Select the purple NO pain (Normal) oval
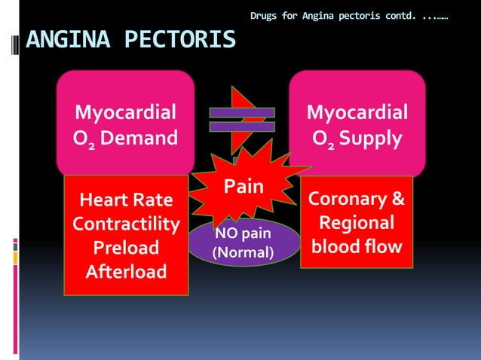(x=243, y=243)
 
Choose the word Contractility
(x=126, y=224)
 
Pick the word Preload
(x=126, y=248)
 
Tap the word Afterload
(x=126, y=271)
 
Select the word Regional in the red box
(x=357, y=224)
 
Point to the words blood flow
(x=357, y=247)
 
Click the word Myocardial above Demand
(x=126, y=113)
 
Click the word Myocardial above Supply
(x=357, y=113)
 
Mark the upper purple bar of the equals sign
(x=242, y=113)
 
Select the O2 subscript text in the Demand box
(x=84, y=139)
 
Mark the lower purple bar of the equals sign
(x=242, y=127)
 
